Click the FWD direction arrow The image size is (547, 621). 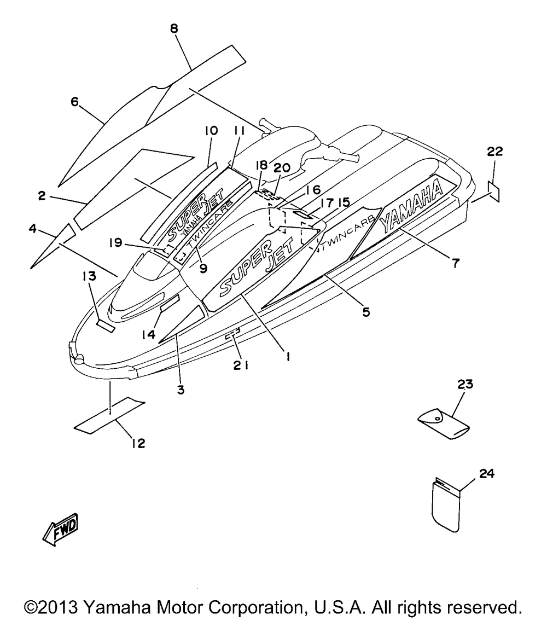61,530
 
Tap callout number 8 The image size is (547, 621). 174,28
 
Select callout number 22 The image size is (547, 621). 494,152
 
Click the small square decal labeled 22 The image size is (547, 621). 493,191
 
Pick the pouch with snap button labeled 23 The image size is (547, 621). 444,424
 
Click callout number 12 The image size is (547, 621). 138,443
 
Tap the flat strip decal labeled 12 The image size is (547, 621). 110,414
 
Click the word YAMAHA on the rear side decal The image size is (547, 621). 411,206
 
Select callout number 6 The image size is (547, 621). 75,101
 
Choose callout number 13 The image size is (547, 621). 90,276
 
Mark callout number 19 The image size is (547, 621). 115,242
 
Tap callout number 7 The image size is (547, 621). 456,263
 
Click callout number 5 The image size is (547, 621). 366,312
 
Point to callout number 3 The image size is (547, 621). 181,390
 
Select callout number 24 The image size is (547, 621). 487,473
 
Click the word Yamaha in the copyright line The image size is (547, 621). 114,607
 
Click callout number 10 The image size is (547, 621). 212,130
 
